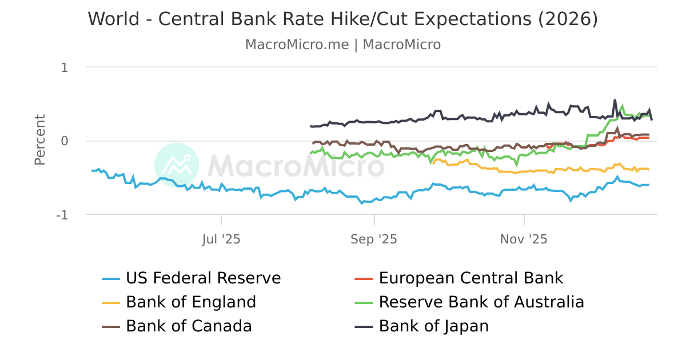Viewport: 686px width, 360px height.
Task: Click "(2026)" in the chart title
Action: pos(567,19)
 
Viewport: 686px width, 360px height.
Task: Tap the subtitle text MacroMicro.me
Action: pos(297,45)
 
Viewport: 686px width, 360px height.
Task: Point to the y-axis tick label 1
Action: pos(65,67)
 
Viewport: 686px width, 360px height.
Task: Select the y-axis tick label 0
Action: pos(65,141)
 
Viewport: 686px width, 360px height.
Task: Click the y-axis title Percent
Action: pos(40,140)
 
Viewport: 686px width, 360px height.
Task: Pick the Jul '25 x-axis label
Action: pos(221,239)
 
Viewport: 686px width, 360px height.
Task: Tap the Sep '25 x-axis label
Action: pos(374,239)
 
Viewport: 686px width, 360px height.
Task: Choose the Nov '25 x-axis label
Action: pos(524,239)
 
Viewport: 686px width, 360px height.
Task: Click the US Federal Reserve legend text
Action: pos(203,278)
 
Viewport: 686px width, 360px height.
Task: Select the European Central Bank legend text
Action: pos(471,278)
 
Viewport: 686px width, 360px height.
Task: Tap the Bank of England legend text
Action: pos(191,302)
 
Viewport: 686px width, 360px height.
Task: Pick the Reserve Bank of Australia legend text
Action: pos(481,302)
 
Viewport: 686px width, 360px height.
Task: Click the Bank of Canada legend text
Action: pos(189,326)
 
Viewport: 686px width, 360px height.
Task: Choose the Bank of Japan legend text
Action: pos(433,326)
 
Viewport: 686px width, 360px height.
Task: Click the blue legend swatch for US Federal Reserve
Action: pos(111,279)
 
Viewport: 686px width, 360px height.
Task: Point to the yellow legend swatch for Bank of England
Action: pos(111,302)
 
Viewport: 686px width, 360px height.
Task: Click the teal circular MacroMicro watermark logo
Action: pos(177,165)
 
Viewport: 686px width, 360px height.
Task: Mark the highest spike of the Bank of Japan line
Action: pos(615,100)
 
